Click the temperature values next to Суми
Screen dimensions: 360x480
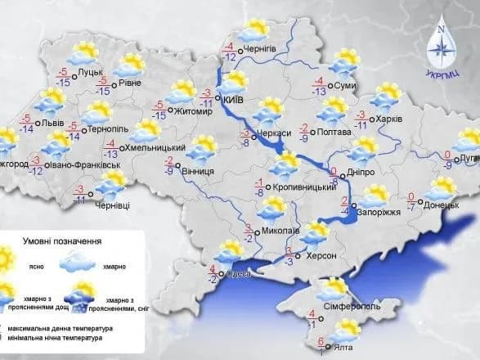click(x=320, y=86)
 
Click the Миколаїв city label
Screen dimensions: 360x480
click(x=282, y=231)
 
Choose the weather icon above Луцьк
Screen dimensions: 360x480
click(x=83, y=54)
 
